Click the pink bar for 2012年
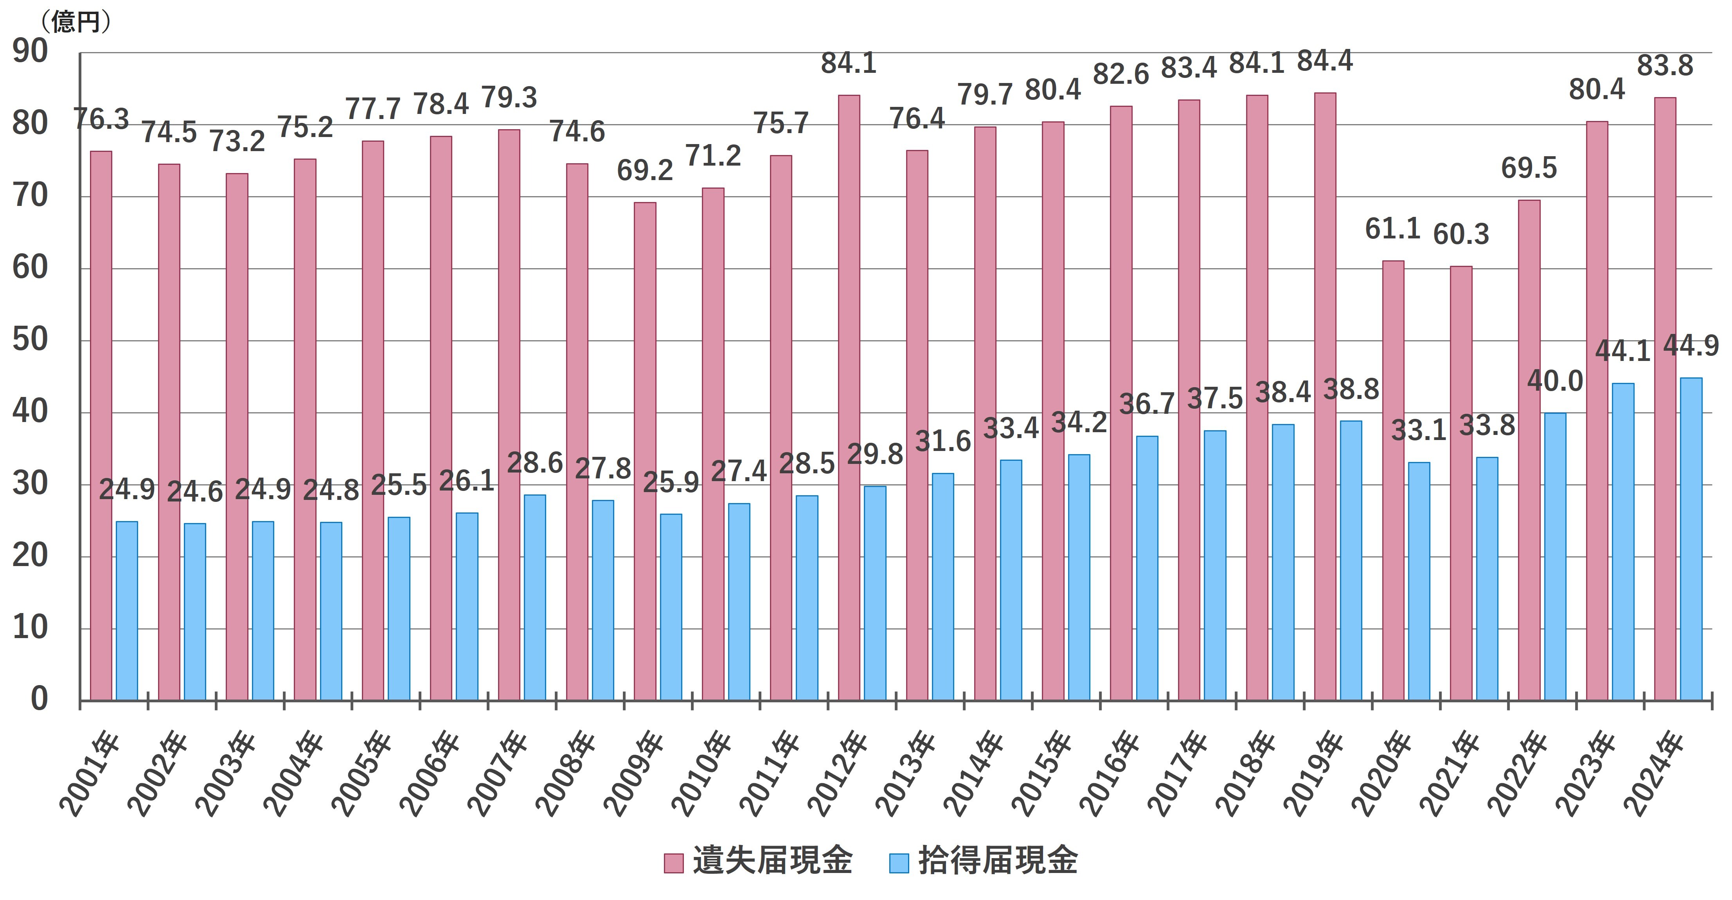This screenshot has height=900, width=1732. tap(849, 397)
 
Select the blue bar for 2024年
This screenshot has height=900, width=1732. tap(1691, 538)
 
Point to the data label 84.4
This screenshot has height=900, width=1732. tap(1325, 61)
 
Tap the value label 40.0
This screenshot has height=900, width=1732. tap(1554, 381)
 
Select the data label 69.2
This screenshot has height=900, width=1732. tap(645, 171)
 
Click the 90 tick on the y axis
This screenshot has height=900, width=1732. tap(30, 52)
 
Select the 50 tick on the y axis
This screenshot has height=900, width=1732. tap(30, 340)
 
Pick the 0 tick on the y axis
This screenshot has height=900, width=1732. tap(39, 700)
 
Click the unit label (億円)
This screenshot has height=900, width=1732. tap(75, 22)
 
